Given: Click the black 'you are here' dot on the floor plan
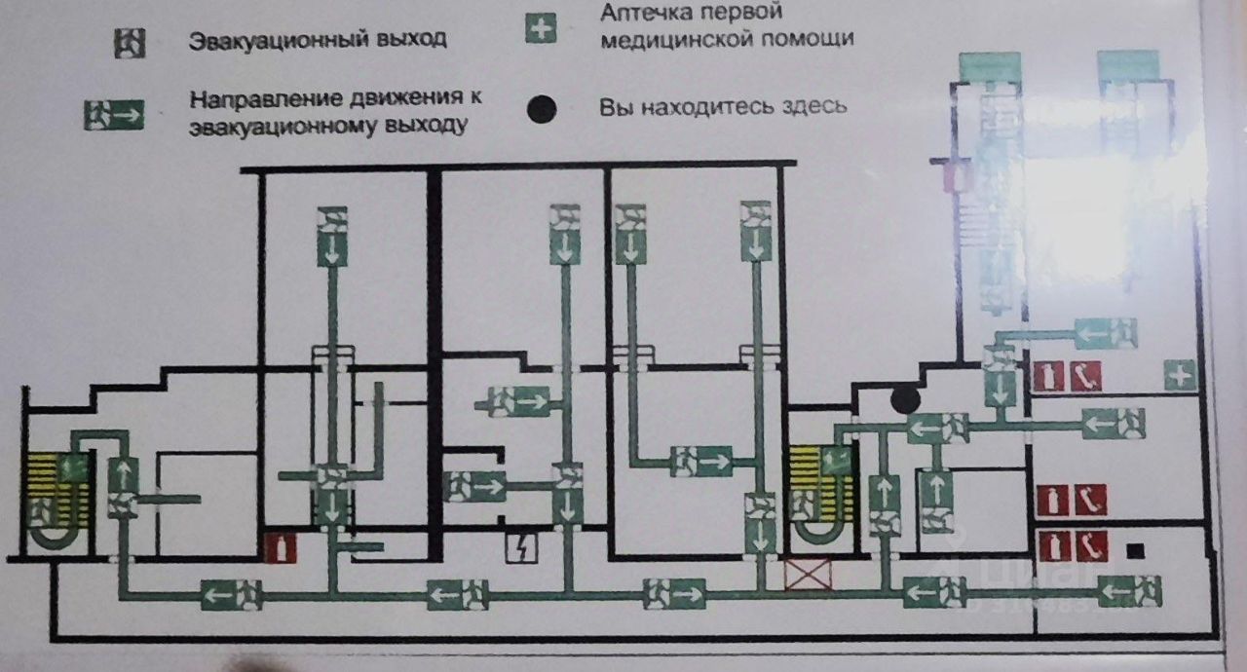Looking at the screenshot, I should pos(905,397).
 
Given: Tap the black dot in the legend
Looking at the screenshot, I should pos(542,109).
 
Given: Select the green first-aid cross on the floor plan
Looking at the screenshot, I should pos(1181,375).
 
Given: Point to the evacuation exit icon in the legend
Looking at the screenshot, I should pos(129,43).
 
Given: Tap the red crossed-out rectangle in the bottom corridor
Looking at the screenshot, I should pos(810,574).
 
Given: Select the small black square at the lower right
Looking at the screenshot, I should pos(1133,552).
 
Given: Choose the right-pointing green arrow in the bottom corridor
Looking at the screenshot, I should pos(672,592).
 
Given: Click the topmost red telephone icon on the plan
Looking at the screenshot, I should pos(1085,375).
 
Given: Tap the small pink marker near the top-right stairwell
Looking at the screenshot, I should pos(955,178).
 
